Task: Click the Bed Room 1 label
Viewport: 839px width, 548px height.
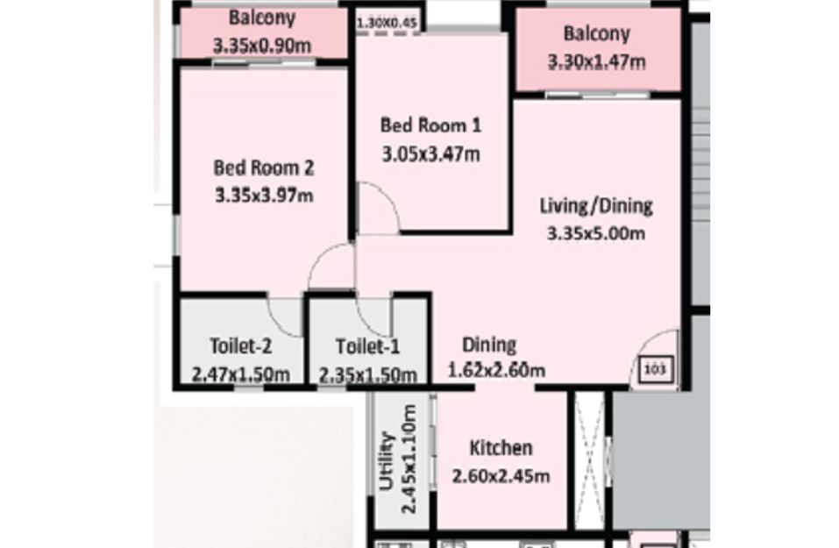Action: point(430,125)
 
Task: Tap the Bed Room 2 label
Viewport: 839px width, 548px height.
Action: point(264,167)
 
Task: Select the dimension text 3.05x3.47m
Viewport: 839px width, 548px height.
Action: point(430,154)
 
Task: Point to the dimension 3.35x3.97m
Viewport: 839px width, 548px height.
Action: point(264,196)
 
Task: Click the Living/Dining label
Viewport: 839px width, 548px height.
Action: point(595,206)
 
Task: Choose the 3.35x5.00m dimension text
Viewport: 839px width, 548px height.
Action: point(595,233)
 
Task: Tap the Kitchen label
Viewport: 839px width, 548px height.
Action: point(501,448)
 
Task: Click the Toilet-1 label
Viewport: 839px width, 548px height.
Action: point(367,347)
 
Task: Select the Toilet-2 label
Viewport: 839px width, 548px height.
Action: point(241,345)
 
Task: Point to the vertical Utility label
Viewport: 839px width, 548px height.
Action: point(387,461)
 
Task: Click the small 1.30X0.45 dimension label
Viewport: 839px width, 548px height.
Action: point(388,24)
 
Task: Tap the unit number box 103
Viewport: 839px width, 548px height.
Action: point(656,369)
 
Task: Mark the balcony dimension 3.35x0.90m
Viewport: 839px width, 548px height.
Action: point(262,46)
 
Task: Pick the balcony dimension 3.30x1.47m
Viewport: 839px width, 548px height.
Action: point(597,61)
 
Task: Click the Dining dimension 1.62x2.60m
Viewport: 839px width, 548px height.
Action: point(496,370)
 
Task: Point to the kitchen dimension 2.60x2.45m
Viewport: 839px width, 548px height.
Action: point(501,476)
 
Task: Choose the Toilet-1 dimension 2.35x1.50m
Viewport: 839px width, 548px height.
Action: point(367,374)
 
